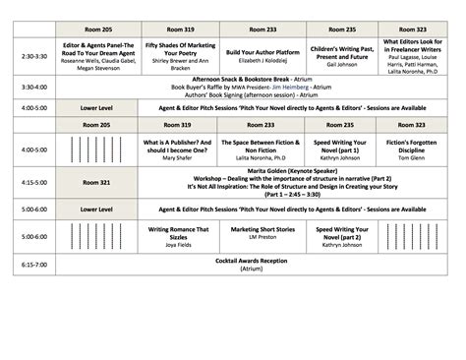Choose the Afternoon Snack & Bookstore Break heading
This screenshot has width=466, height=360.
tap(236, 80)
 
